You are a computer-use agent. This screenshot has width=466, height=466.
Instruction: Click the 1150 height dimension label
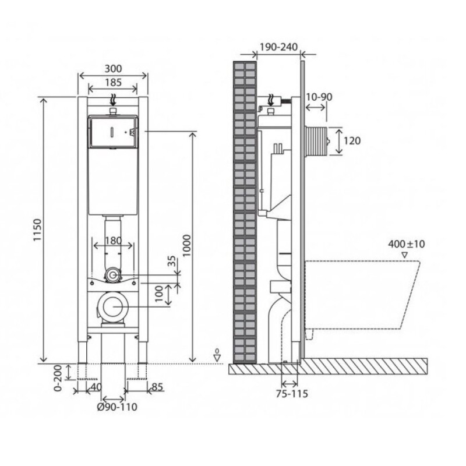tap(38, 230)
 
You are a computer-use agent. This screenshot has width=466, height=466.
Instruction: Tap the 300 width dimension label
tap(113, 69)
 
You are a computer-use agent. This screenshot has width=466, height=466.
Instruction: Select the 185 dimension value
tap(113, 82)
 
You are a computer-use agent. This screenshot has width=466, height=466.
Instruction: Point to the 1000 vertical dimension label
tap(186, 245)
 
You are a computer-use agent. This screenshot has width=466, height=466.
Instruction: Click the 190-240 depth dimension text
tap(278, 47)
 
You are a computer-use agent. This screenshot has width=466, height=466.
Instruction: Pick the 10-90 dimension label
tap(319, 97)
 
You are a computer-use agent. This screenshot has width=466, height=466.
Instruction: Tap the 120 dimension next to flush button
tap(352, 140)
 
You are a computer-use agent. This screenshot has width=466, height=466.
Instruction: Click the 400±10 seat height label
tap(407, 244)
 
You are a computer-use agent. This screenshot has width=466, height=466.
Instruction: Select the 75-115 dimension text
tap(292, 394)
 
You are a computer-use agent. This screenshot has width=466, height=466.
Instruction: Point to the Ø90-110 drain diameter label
tap(118, 407)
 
